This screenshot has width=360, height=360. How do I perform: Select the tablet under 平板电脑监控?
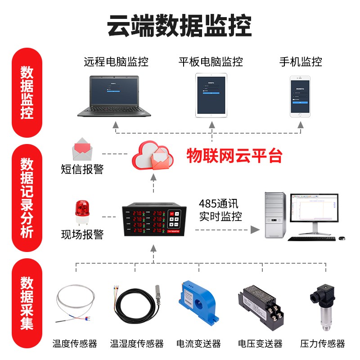pos(211,95)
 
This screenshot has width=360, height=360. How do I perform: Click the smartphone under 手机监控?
pos(300,96)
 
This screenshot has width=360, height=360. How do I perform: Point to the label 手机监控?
pos(300,62)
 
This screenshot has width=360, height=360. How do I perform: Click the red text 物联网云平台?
pos(234,156)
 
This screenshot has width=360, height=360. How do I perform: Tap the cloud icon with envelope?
pos(153,155)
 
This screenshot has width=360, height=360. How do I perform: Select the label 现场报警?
pos(82,234)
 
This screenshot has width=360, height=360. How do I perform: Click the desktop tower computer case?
pos(274,215)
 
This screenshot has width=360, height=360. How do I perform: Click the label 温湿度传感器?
pos(137,344)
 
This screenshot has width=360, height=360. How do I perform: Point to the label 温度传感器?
pos(75,344)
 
